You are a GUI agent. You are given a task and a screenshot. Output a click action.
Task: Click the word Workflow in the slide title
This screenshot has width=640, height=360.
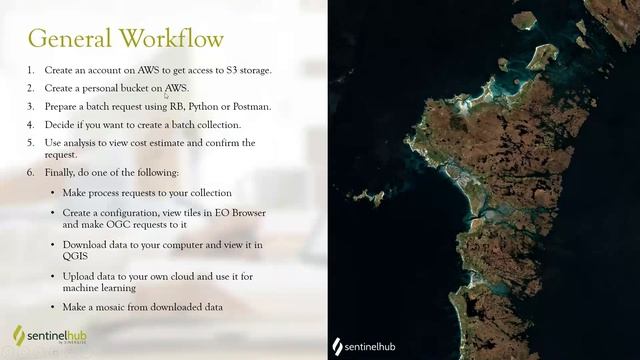171,38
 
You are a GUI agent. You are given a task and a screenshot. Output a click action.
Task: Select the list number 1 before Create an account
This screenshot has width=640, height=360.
31,70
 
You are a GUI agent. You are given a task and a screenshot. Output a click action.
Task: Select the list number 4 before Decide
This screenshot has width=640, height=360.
31,125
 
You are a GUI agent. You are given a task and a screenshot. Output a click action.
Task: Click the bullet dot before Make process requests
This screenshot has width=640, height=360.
53,192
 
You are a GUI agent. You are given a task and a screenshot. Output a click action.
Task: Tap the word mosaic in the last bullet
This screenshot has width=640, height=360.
112,306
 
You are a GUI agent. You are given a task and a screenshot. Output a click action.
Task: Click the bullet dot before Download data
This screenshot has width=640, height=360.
53,245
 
